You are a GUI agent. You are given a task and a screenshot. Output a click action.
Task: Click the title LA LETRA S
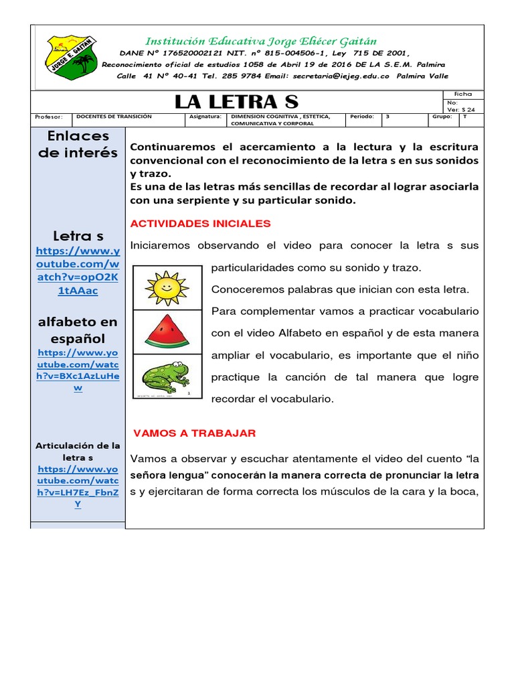pos(236,102)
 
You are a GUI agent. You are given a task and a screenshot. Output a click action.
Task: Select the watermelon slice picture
pos(167,331)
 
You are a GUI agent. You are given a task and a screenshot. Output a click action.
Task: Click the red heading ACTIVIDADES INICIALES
pos(200,223)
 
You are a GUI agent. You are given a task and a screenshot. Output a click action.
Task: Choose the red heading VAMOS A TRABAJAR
pos(195,433)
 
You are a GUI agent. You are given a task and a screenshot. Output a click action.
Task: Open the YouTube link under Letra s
pos(78,271)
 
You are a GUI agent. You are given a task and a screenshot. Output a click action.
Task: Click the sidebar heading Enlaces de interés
pos(78,144)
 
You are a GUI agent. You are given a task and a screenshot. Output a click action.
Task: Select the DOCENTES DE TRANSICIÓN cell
pos(114,117)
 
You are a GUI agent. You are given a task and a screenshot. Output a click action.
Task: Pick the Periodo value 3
pos(388,117)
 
